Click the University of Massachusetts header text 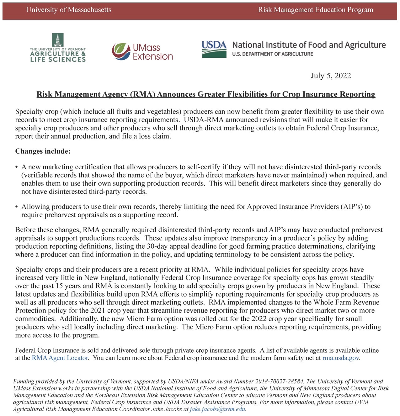click(x=68, y=10)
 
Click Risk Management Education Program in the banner click(x=315, y=10)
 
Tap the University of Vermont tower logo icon click(x=57, y=40)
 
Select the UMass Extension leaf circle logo click(x=121, y=52)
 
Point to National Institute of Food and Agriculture click(x=309, y=45)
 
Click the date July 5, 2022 click(x=331, y=76)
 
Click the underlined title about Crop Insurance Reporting click(x=206, y=94)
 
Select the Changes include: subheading click(x=43, y=151)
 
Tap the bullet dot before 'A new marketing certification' click(x=17, y=167)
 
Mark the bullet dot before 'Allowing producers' click(x=17, y=207)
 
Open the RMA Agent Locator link click(x=60, y=358)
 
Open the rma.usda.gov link click(x=340, y=358)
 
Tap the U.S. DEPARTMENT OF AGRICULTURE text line click(x=272, y=54)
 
